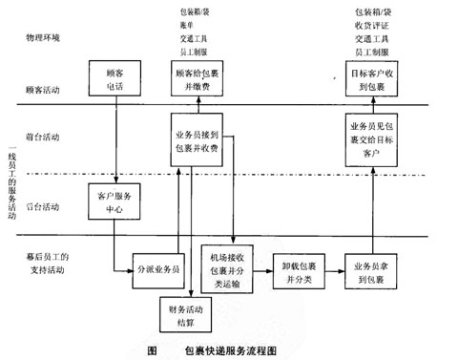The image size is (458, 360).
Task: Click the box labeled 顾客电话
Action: click(114, 77)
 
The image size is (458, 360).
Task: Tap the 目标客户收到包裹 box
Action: click(368, 77)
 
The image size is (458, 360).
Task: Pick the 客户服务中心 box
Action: click(114, 202)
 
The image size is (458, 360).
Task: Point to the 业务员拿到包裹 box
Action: click(368, 268)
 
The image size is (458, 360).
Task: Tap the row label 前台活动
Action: click(42, 138)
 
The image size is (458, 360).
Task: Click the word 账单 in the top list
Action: click(188, 27)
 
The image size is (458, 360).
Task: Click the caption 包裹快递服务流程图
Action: click(230, 349)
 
